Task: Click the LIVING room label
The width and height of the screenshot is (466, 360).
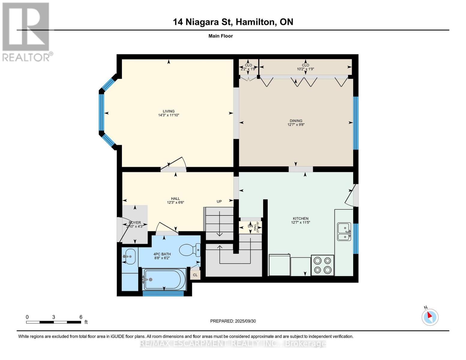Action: point(169,111)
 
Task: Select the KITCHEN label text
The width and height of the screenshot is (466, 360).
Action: point(300,219)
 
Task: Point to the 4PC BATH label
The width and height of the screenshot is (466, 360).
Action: point(162,254)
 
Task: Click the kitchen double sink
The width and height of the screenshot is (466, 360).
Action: point(344,232)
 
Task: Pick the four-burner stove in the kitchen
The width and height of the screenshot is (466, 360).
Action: point(323,265)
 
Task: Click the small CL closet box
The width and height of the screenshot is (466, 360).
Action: point(195,275)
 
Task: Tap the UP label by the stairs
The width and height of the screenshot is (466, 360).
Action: point(219,201)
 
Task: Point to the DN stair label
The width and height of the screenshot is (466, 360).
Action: point(250,226)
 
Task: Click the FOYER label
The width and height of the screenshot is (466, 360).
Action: point(135,223)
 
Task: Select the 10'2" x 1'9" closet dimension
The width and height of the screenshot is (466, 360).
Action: point(305,69)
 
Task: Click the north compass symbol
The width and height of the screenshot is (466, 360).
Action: point(430,317)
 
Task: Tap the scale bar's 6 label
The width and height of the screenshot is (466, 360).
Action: point(81,317)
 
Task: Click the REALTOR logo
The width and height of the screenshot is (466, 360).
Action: point(26,32)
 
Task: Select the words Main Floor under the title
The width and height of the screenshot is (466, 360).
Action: point(221,36)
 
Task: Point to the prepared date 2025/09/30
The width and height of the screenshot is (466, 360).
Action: point(245,321)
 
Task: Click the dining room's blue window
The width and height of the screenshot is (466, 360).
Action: point(356,123)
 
